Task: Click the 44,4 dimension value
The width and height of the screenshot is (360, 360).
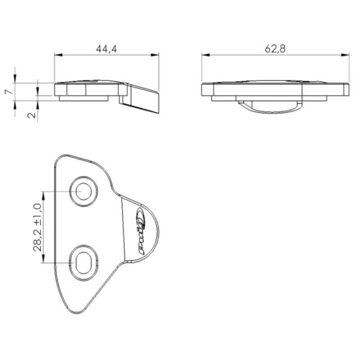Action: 106,48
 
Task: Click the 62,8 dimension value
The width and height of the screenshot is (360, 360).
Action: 274,48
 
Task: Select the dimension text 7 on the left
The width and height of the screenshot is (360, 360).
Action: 6,92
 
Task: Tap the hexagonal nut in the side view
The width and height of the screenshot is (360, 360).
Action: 71,90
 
